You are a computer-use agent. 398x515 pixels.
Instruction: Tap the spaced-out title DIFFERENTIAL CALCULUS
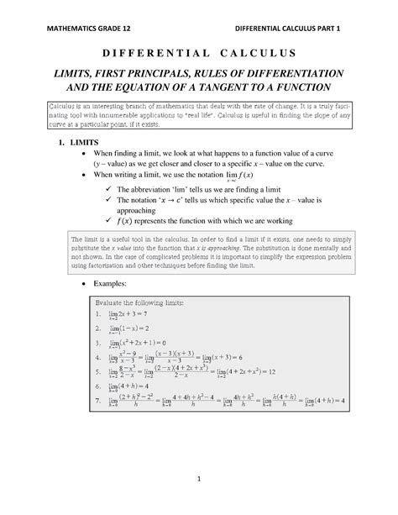tap(199, 52)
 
